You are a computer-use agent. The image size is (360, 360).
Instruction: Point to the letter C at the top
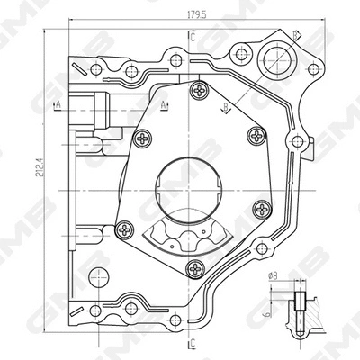(x=193, y=36)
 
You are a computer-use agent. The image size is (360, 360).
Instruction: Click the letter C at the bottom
(x=193, y=343)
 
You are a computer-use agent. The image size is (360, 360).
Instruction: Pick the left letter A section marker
(x=58, y=105)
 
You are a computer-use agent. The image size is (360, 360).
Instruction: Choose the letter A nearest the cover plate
(x=164, y=105)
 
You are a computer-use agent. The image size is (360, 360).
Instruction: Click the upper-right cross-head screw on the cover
(x=258, y=136)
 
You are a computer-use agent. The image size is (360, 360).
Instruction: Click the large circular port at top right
(x=275, y=59)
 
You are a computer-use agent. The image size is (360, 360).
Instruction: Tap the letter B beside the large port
(x=296, y=34)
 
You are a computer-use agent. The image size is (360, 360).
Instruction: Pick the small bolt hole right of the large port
(x=312, y=68)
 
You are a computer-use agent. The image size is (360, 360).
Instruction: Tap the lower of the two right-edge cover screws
(x=262, y=209)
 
